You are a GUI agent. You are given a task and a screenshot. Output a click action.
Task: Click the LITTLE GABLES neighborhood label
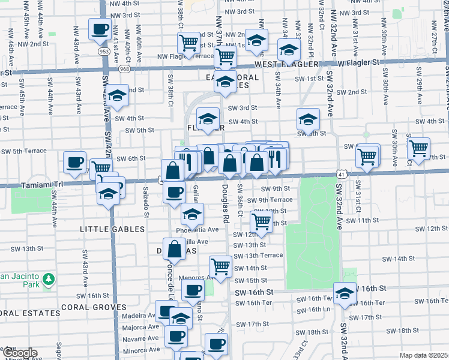113,229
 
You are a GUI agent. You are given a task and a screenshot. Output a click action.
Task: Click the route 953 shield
104,52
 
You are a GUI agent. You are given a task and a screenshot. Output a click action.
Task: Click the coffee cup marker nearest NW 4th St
100,28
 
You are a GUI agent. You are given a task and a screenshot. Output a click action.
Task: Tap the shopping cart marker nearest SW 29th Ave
418,148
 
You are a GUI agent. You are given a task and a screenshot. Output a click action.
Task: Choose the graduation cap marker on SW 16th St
345,293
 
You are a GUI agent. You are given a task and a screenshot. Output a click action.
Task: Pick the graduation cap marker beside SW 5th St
308,119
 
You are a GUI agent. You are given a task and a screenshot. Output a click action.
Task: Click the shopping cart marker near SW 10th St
262,221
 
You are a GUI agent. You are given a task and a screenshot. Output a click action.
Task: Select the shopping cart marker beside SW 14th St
221,266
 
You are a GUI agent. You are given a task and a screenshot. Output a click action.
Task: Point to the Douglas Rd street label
226,220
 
